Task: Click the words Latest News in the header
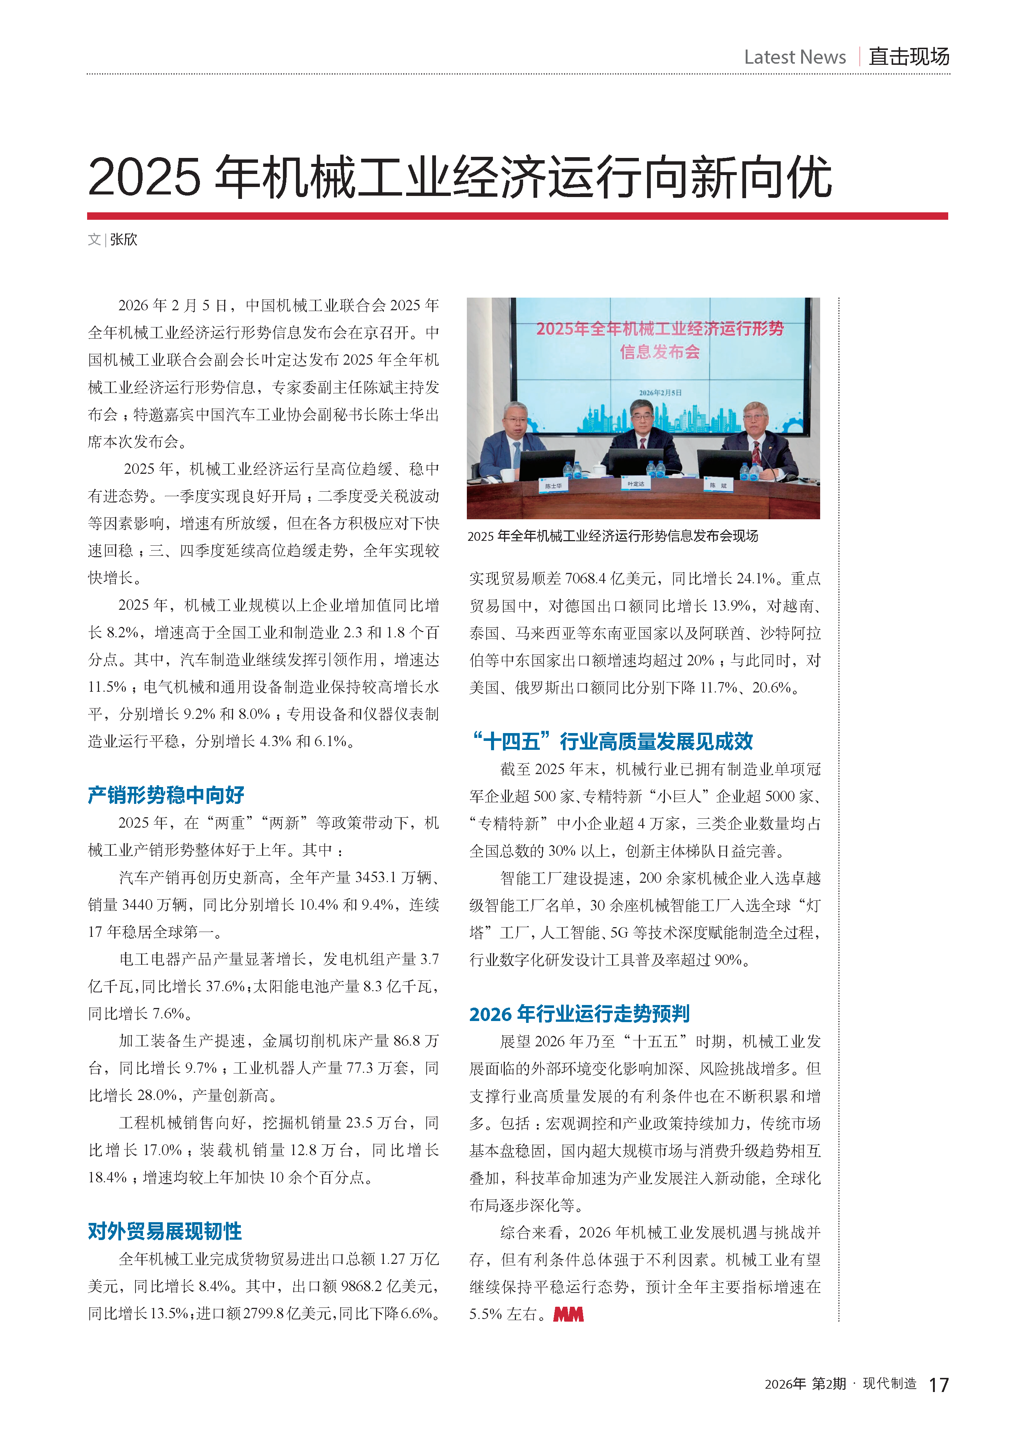click(795, 57)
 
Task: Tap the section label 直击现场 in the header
click(909, 57)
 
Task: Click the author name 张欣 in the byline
click(124, 240)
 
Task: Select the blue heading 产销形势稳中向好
click(166, 795)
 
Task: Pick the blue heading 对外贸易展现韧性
click(165, 1231)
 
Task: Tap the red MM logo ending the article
click(568, 1315)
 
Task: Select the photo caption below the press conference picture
click(612, 536)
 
